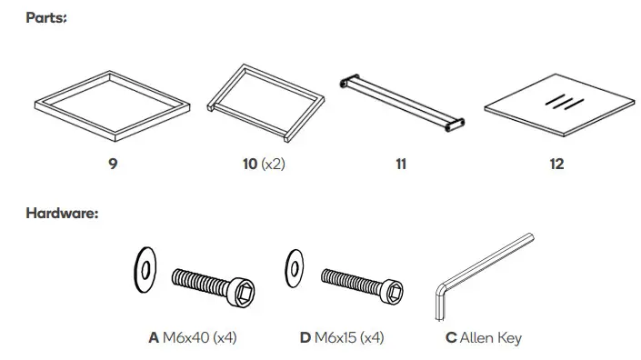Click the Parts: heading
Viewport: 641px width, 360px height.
[46, 18]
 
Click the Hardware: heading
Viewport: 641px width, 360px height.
[63, 214]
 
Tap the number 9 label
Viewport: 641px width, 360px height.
[113, 165]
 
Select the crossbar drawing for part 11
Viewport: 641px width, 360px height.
[401, 103]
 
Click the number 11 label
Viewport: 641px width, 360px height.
[401, 165]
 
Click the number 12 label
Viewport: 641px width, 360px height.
[556, 165]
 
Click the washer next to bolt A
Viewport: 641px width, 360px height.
[143, 269]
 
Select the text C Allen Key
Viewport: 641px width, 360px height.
[483, 338]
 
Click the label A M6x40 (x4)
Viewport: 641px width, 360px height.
[192, 338]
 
